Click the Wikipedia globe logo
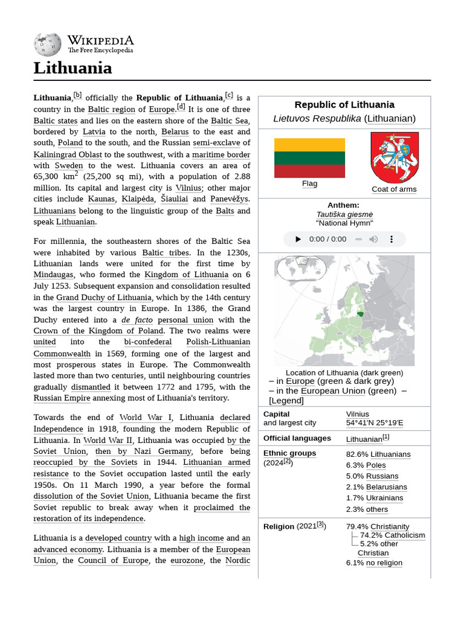point(48,43)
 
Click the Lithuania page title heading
point(72,68)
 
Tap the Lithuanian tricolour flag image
point(309,158)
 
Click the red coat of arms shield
point(394,157)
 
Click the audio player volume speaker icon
point(373,239)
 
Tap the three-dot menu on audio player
point(391,239)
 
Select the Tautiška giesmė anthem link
point(344,214)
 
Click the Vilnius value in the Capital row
point(358,414)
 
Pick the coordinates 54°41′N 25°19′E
point(375,423)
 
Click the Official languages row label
point(297,438)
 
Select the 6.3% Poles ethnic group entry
point(366,465)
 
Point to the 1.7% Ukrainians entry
point(375,498)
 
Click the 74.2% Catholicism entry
point(392,535)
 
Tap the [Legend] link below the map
point(286,401)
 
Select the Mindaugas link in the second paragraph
point(53,275)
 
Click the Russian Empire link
point(62,398)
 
